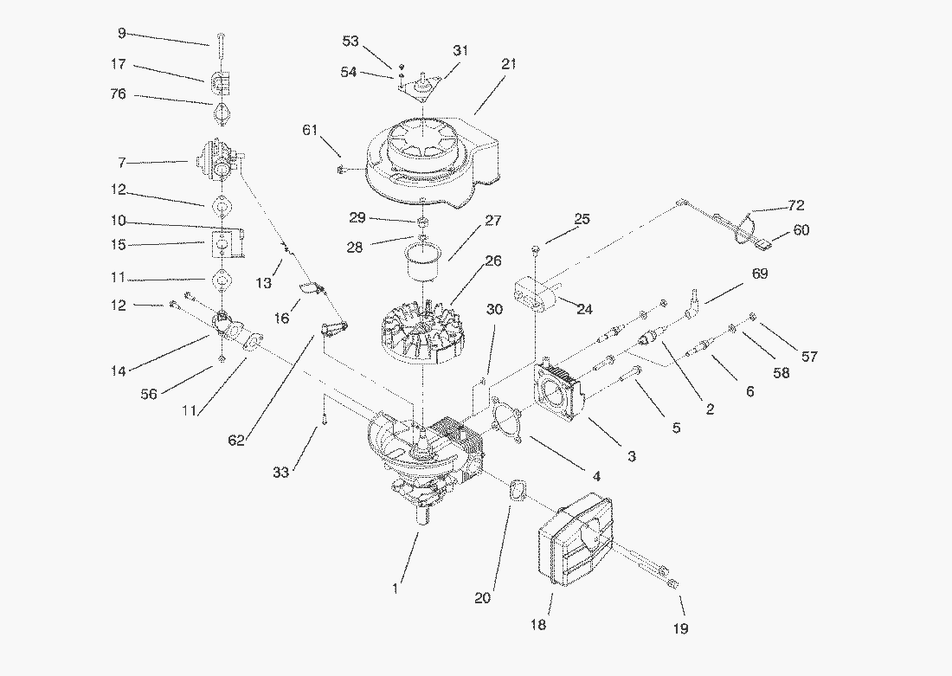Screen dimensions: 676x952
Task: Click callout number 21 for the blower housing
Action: tap(508, 64)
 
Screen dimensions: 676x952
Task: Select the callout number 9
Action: tap(121, 33)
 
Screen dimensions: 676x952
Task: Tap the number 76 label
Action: tap(118, 94)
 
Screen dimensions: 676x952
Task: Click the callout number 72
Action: tap(795, 206)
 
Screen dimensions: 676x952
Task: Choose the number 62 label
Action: tap(236, 440)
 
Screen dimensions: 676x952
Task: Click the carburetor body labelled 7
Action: tap(220, 160)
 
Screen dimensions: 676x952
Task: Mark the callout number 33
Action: tap(280, 472)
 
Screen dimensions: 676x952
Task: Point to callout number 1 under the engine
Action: tap(395, 589)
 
